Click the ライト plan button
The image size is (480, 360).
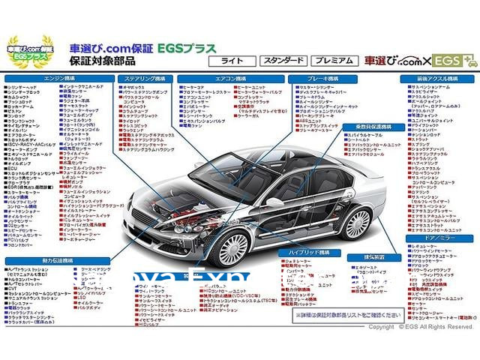pyautogui.click(x=232, y=59)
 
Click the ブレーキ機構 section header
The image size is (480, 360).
pyautogui.click(x=325, y=78)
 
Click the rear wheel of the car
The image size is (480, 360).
pyautogui.click(x=355, y=223)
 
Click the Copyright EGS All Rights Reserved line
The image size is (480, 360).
pyautogui.click(x=420, y=327)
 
